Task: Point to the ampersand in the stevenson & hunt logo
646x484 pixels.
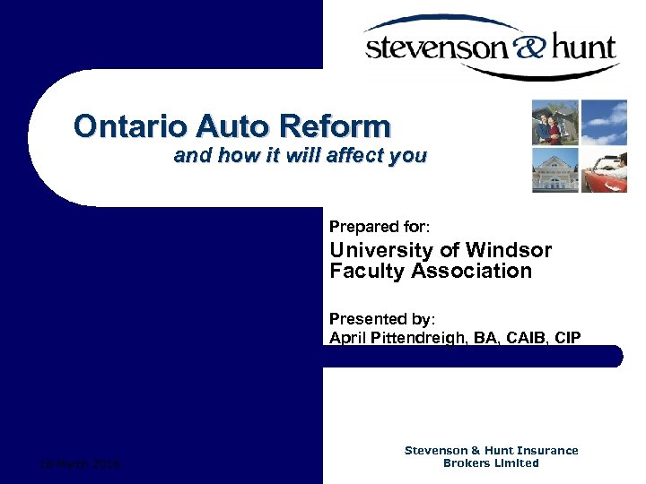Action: click(x=528, y=44)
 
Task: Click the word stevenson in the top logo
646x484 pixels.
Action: click(x=437, y=47)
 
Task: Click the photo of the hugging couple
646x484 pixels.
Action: click(x=554, y=122)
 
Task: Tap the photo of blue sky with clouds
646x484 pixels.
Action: click(x=603, y=122)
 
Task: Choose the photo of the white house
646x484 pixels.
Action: click(x=554, y=169)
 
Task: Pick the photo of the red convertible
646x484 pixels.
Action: click(x=603, y=169)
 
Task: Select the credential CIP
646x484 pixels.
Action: click(x=569, y=338)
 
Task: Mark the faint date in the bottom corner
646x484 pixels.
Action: click(x=82, y=463)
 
